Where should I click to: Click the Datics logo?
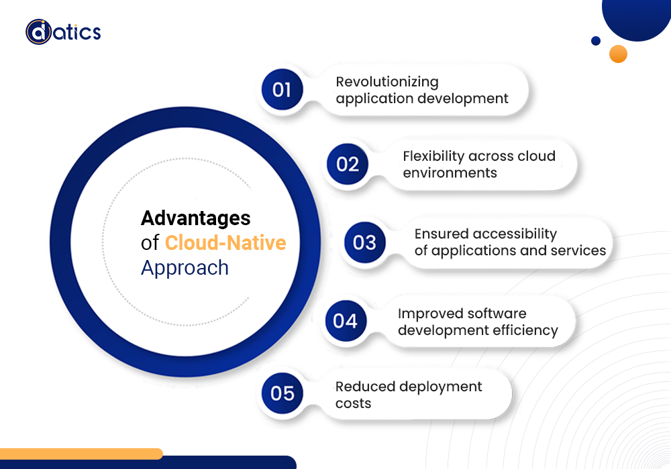(63, 32)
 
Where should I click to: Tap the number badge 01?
(282, 90)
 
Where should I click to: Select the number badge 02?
(348, 164)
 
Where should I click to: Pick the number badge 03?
(364, 242)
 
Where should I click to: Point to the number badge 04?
(346, 321)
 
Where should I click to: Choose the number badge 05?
(282, 393)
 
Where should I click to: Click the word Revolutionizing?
(387, 82)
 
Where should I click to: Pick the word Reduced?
(365, 387)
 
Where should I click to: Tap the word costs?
(353, 403)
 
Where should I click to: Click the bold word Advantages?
(195, 218)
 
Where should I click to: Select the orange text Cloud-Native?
(225, 243)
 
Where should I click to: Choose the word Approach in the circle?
(185, 268)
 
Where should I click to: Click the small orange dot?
(618, 54)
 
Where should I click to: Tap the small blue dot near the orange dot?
(596, 41)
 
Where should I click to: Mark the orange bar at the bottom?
(81, 454)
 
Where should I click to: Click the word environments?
(450, 173)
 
